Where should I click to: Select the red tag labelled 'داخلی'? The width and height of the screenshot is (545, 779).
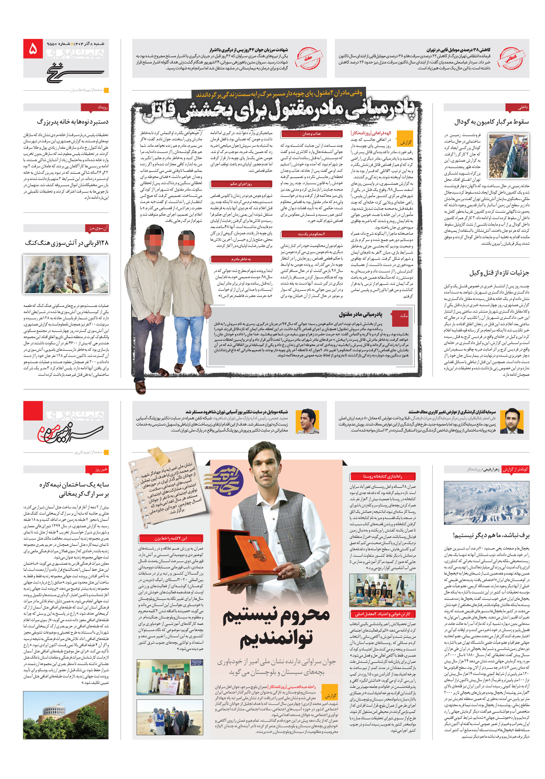(x=517, y=107)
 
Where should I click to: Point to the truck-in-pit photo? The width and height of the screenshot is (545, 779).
(x=508, y=155)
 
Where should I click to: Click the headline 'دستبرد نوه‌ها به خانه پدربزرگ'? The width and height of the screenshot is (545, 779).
(x=73, y=122)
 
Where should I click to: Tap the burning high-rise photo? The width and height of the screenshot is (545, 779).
(x=66, y=274)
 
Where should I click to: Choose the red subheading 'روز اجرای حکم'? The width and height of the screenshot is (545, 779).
(x=241, y=184)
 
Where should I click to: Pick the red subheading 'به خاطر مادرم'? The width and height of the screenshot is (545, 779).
(x=241, y=259)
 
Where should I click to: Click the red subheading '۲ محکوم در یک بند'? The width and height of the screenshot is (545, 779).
(x=311, y=234)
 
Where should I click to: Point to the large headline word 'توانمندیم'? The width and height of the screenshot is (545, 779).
(x=276, y=639)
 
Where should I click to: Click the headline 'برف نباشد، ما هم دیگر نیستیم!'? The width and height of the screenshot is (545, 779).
(x=491, y=535)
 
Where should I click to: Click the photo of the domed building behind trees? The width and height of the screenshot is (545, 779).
(x=66, y=715)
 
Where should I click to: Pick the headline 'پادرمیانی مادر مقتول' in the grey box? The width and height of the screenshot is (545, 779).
(x=360, y=314)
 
